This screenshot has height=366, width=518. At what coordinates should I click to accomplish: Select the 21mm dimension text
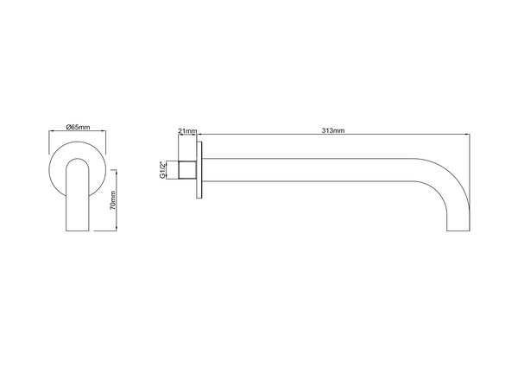tap(187, 130)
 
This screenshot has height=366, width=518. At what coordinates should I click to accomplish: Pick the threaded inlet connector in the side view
tap(187, 170)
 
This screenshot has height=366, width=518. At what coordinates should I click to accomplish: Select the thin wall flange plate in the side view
tap(200, 171)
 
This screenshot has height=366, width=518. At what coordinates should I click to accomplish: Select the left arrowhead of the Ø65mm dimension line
tap(50, 134)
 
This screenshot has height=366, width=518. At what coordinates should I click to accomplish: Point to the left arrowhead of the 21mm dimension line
tap(178, 136)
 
